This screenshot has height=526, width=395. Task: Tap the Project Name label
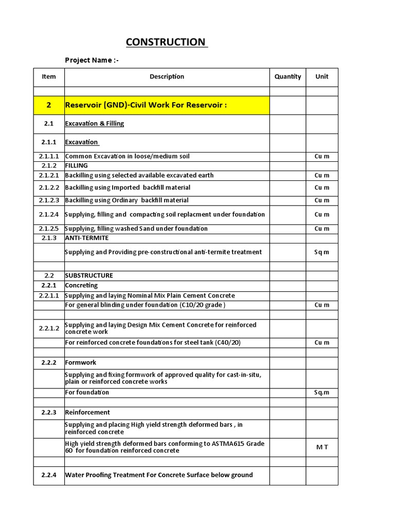[92, 60]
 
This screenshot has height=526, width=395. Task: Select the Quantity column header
[288, 77]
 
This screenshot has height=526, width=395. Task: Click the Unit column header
[322, 77]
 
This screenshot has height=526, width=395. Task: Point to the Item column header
[49, 77]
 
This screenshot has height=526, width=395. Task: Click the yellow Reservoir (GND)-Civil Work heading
[146, 105]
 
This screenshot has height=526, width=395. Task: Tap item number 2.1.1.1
[49, 156]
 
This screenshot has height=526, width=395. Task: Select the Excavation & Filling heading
[94, 123]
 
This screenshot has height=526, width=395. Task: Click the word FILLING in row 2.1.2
[76, 165]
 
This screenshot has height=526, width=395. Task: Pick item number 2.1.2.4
[49, 214]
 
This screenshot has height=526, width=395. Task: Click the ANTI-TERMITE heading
[86, 238]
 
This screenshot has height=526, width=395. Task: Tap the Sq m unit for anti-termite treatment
[322, 252]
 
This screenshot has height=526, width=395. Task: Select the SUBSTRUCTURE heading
[89, 275]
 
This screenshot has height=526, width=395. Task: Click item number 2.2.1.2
[49, 328]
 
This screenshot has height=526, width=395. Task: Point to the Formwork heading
[80, 363]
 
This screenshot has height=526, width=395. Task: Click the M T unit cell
[322, 447]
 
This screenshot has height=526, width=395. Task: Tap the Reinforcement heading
[87, 412]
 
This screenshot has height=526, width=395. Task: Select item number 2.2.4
[49, 475]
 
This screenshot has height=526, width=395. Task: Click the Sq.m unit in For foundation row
[322, 392]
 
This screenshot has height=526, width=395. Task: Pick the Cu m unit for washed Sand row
[322, 229]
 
